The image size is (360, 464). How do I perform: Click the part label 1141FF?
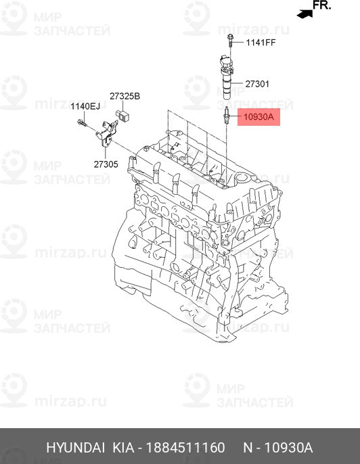pyautogui.click(x=261, y=43)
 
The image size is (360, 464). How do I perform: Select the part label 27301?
pyautogui.click(x=257, y=84)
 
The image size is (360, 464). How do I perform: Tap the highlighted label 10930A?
pyautogui.click(x=258, y=117)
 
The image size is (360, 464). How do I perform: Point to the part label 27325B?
pyautogui.click(x=125, y=96)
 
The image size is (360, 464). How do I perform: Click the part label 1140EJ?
pyautogui.click(x=85, y=106)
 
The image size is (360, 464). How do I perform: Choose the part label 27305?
pyautogui.click(x=106, y=164)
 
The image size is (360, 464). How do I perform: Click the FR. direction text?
pyautogui.click(x=322, y=5)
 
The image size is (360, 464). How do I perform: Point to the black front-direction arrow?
pyautogui.click(x=305, y=14)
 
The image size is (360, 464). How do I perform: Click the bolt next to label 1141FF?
pyautogui.click(x=230, y=41)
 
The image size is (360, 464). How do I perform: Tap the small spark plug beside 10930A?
pyautogui.click(x=226, y=116)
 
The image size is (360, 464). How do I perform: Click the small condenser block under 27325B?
pyautogui.click(x=122, y=115)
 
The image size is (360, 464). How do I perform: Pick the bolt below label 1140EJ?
pyautogui.click(x=82, y=123)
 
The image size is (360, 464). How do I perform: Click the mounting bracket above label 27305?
pyautogui.click(x=106, y=134)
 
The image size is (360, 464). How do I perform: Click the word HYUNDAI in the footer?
pyautogui.click(x=76, y=448)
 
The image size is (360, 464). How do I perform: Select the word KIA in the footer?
pyautogui.click(x=123, y=448)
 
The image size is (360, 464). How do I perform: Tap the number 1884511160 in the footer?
pyautogui.click(x=185, y=448)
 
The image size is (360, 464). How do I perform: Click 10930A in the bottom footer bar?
pyautogui.click(x=288, y=448)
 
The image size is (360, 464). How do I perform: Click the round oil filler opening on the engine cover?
pyautogui.click(x=242, y=179)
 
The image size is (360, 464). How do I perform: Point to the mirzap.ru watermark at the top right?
pyautogui.click(x=254, y=30)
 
